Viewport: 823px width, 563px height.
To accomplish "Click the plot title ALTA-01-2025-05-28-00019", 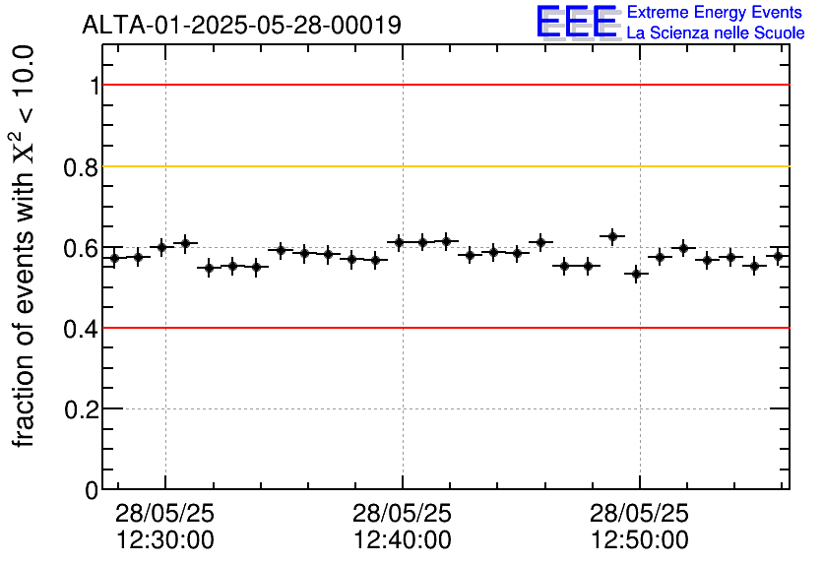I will coord(241,25).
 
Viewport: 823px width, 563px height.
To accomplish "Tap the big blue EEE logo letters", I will coord(577,22).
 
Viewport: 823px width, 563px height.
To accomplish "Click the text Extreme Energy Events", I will coord(716,13).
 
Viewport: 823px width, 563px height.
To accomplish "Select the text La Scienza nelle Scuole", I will coord(716,33).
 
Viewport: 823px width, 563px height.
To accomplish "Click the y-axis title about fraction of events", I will coord(28,246).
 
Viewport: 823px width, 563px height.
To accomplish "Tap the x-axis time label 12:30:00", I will coord(165,539).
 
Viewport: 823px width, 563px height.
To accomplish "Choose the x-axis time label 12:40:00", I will coord(403,539).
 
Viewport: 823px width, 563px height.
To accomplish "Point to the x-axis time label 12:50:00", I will coord(640,539).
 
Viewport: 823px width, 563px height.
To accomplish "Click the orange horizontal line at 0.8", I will coord(443,166).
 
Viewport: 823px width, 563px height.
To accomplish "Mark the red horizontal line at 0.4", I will coord(443,328).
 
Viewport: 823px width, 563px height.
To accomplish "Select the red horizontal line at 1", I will coord(443,86).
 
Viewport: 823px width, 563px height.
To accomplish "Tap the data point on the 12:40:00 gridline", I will coord(399,242).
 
